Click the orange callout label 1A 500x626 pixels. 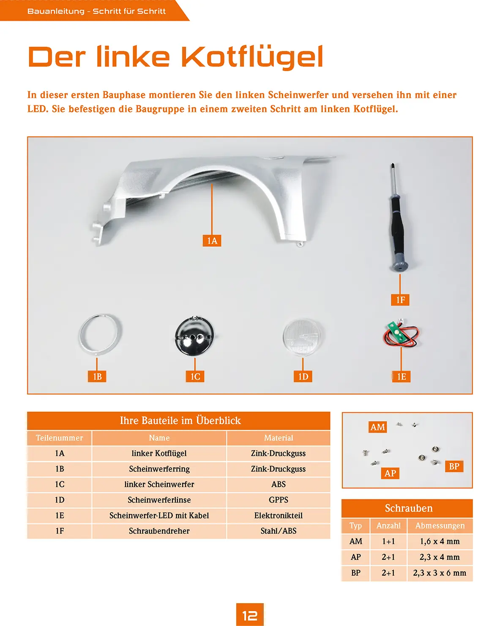212,240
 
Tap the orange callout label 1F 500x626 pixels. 400,300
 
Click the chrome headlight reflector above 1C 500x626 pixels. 194,336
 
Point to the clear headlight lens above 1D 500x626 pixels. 303,337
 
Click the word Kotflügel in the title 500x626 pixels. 252,56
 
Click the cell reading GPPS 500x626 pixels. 279,500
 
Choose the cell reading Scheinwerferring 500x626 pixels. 159,469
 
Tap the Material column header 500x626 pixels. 279,438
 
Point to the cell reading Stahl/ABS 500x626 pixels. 279,531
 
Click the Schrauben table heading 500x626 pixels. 408,508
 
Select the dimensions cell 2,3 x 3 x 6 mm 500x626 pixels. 440,573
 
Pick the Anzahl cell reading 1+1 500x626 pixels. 388,541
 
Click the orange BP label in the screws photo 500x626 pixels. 454,466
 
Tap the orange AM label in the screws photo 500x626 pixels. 377,427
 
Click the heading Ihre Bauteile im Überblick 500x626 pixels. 180,420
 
